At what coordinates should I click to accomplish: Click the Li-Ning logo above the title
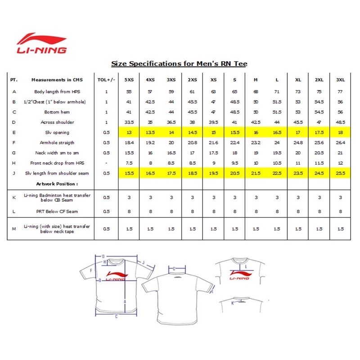42,43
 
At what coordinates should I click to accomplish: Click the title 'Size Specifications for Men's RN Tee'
179,64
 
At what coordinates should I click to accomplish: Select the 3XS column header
171,80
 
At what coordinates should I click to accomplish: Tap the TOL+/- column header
106,80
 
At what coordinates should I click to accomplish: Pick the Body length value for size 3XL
340,91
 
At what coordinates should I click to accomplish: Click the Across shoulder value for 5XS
129,122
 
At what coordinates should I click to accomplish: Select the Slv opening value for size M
256,132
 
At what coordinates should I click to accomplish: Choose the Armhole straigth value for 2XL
319,143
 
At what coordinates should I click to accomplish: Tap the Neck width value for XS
213,153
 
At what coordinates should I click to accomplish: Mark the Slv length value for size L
277,173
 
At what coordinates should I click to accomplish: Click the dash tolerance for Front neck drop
106,163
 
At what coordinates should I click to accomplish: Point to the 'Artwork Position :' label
57,184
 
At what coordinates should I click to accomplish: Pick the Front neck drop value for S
234,163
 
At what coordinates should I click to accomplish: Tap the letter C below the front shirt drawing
116,316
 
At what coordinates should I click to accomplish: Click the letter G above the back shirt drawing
174,269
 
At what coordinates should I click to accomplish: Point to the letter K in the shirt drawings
232,303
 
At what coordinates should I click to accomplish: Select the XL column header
298,80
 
